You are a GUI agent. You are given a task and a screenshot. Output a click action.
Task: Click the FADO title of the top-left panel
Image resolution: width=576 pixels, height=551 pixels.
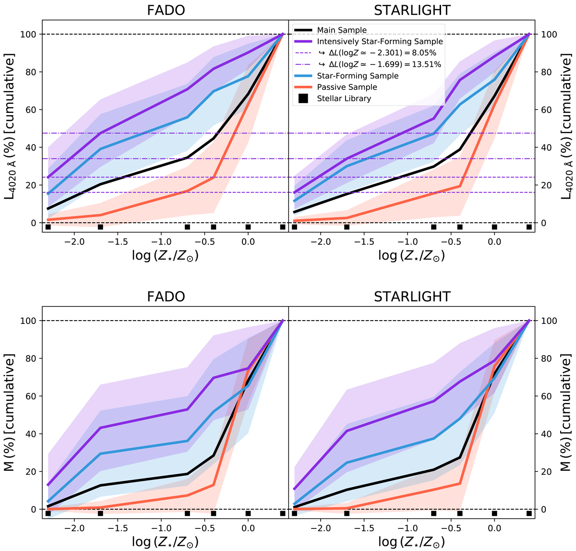click(166, 11)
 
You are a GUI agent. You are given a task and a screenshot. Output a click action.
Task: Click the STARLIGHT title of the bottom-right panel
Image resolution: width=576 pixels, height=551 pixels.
click(412, 297)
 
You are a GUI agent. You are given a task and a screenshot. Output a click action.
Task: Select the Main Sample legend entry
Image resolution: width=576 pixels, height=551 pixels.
click(342, 30)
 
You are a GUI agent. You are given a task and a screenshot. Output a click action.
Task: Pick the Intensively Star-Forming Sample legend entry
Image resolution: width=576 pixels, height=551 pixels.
click(380, 42)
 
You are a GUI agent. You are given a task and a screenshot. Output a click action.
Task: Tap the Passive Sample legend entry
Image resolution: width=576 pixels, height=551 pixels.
click(347, 87)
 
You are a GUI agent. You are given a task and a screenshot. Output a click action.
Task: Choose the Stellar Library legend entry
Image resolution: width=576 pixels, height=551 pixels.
click(344, 99)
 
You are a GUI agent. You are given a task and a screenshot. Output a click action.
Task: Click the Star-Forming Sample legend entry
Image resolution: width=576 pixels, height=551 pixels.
click(358, 76)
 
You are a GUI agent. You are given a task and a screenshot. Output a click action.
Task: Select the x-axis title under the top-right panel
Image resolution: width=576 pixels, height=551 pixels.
click(412, 255)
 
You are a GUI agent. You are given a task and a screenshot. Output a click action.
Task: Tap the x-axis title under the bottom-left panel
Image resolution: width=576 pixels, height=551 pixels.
click(166, 542)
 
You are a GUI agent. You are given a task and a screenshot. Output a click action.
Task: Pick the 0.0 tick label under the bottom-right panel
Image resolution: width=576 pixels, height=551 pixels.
click(494, 527)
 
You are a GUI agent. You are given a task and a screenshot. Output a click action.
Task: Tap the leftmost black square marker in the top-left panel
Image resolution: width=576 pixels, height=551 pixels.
click(48, 227)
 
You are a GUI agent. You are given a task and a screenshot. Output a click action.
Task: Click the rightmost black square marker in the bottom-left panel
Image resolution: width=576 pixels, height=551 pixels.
click(283, 514)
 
